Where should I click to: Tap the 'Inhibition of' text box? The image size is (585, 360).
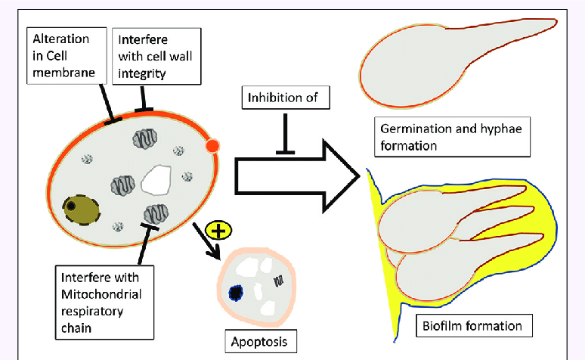point(283,96)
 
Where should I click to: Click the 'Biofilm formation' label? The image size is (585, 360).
point(474,327)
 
